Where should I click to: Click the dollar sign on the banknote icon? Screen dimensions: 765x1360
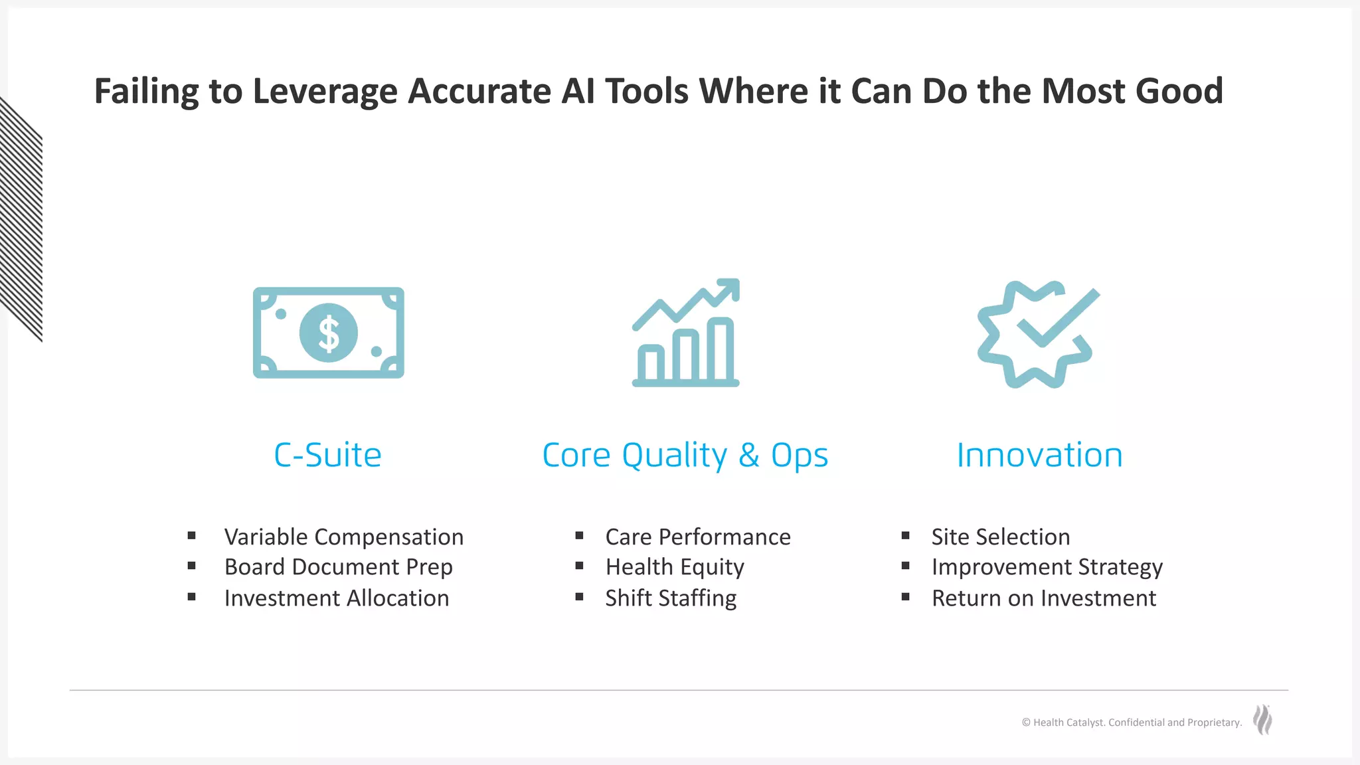329,333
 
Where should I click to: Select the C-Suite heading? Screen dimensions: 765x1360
327,456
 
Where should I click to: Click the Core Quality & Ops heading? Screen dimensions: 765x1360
685,456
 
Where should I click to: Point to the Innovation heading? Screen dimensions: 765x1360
1039,456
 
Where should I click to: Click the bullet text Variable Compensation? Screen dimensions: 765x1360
343,537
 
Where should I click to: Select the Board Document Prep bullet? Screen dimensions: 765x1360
338,567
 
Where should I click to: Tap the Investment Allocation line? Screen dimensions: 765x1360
336,598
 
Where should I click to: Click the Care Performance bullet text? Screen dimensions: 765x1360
697,537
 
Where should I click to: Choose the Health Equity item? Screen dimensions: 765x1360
674,567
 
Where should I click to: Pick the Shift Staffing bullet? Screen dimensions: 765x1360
670,598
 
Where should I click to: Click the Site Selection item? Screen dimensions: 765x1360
1000,537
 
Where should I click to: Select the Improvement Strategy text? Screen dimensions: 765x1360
1047,567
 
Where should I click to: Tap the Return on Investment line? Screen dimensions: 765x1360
1043,598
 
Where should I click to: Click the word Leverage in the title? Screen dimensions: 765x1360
325,91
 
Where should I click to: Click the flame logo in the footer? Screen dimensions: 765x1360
1262,720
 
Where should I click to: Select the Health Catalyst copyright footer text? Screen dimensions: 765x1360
1131,722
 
